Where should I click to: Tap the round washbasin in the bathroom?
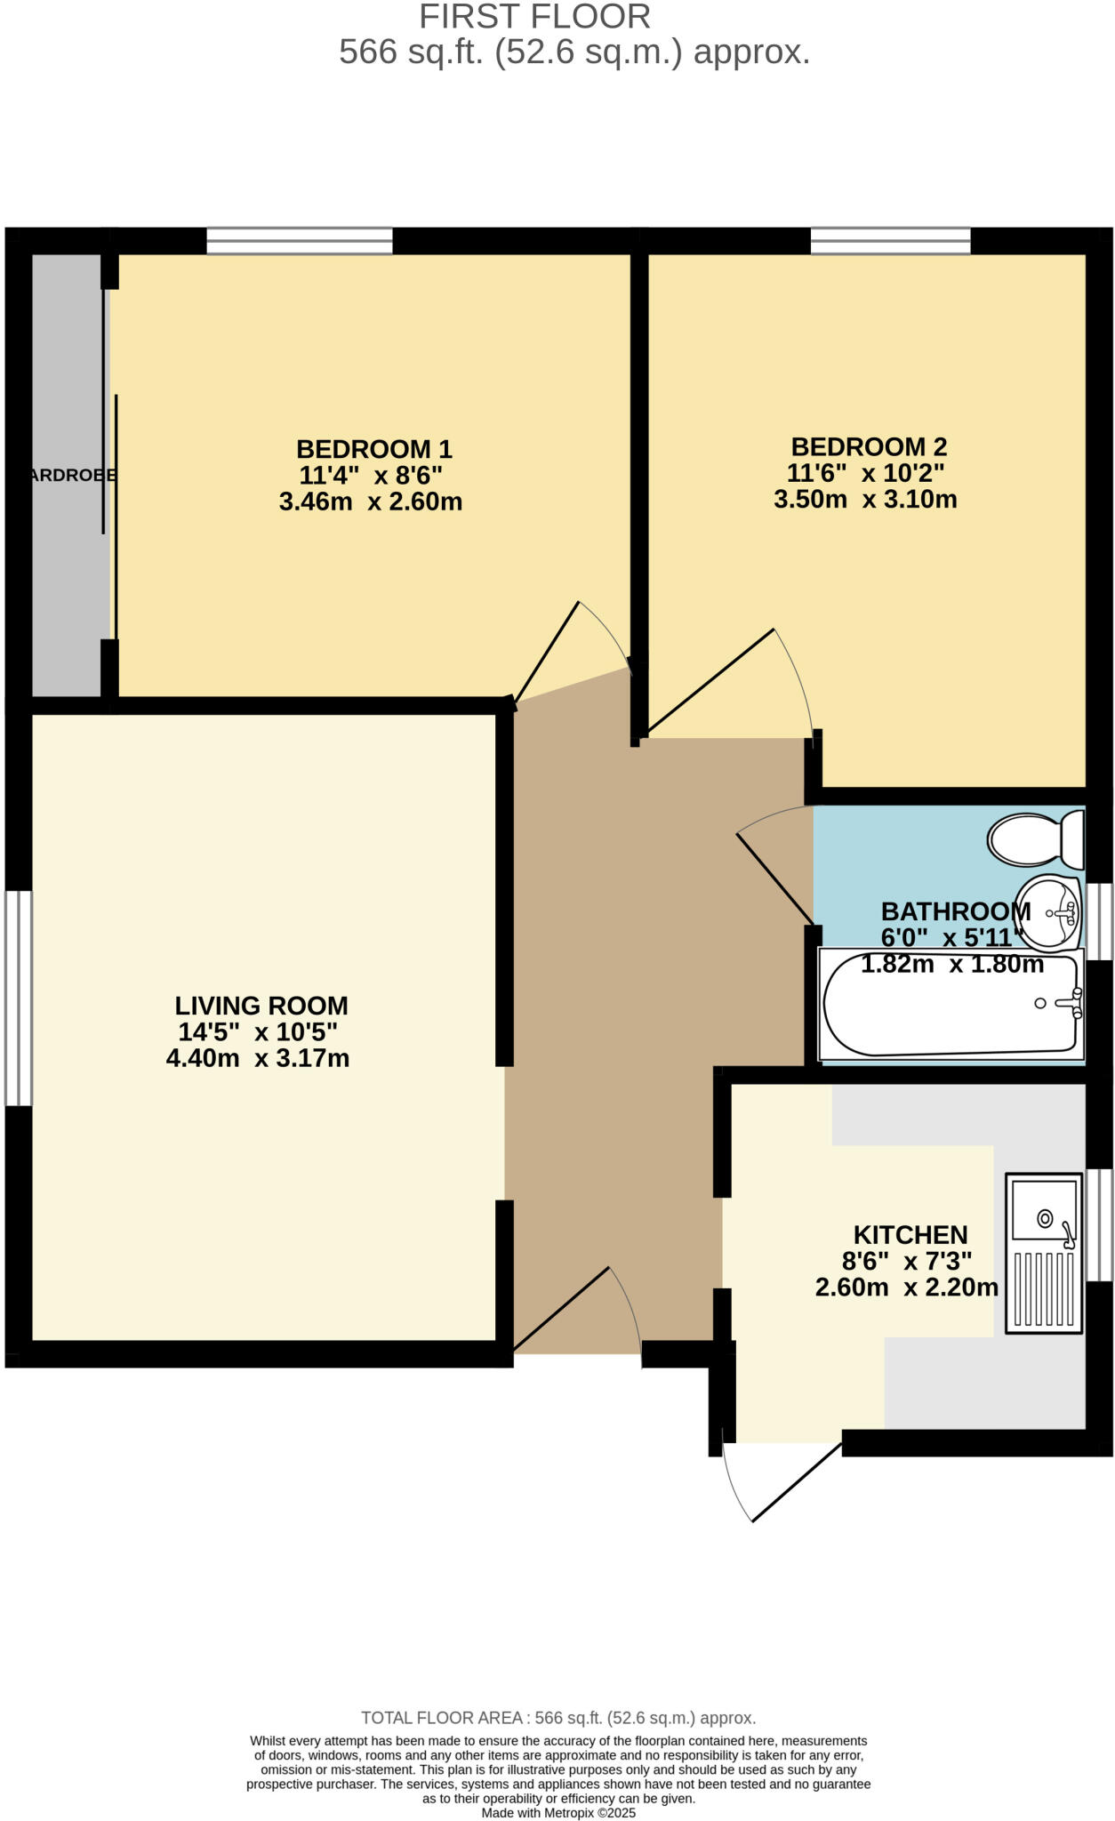pyautogui.click(x=1049, y=913)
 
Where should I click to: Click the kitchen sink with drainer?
pyautogui.click(x=1044, y=1253)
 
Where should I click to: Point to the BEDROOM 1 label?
pyautogui.click(x=373, y=449)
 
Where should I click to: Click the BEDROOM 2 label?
pyautogui.click(x=869, y=446)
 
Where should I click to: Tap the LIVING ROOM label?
pyautogui.click(x=261, y=1006)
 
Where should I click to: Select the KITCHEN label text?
pyautogui.click(x=910, y=1235)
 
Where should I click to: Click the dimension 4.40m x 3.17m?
pyautogui.click(x=258, y=1058)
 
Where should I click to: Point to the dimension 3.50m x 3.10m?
pyautogui.click(x=865, y=499)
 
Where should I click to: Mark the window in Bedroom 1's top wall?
pyautogui.click(x=300, y=241)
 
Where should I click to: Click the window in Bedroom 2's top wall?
pyautogui.click(x=890, y=241)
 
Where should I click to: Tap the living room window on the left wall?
pyautogui.click(x=19, y=998)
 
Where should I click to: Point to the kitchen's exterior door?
pyautogui.click(x=782, y=1480)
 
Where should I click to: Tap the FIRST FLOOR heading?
pyautogui.click(x=534, y=17)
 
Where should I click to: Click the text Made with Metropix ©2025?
pyautogui.click(x=558, y=1812)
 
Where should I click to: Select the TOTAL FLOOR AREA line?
pyautogui.click(x=558, y=1718)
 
